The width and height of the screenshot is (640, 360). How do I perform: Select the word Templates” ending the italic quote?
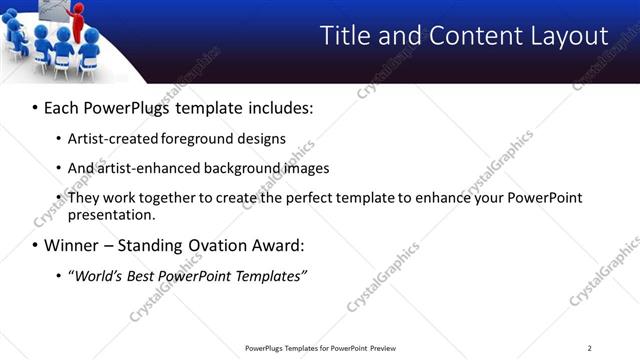[x=270, y=275]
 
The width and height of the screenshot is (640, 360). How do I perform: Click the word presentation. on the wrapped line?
[x=111, y=214]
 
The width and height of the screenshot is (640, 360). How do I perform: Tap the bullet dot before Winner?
[x=36, y=245]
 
